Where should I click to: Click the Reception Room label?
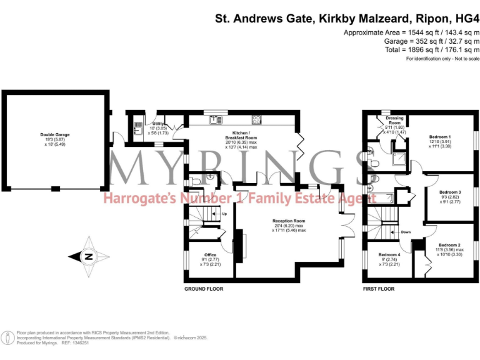tap(288, 221)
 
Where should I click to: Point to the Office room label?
tap(209, 255)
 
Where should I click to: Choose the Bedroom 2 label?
tap(449, 245)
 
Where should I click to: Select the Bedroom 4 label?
tap(389, 254)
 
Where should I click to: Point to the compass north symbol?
tap(89, 255)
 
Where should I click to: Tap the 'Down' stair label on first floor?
tap(406, 232)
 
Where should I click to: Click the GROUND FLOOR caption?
tap(203, 289)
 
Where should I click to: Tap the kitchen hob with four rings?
tap(257, 119)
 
